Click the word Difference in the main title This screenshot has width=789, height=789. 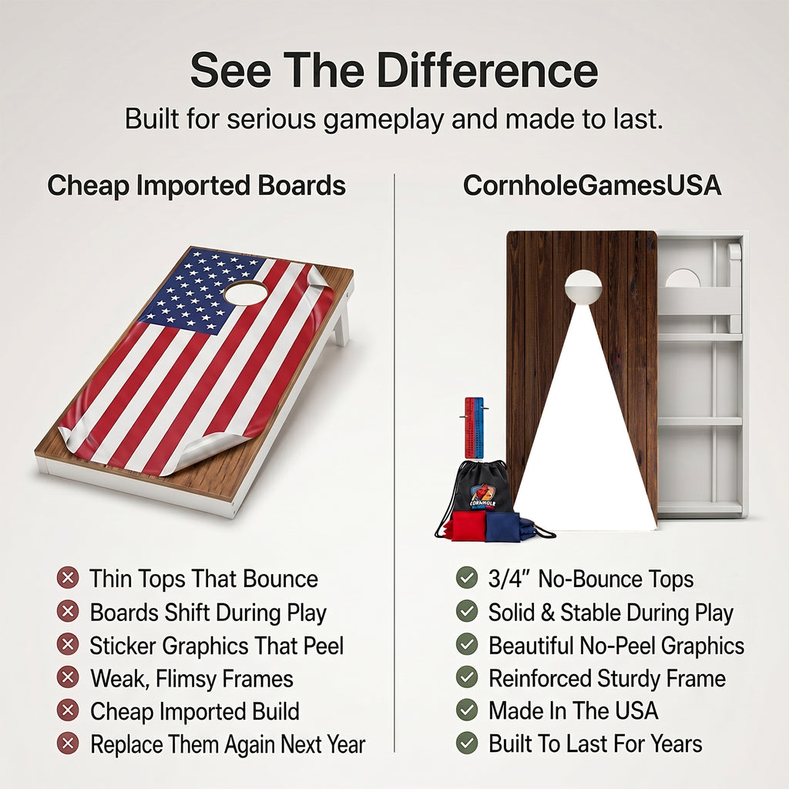[487, 70]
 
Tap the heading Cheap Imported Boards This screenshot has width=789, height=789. [196, 186]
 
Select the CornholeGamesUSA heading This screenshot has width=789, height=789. [592, 185]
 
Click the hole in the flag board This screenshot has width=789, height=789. [246, 293]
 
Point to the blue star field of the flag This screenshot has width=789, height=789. [201, 292]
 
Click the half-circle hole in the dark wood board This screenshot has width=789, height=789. [583, 285]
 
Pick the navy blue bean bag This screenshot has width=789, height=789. [502, 527]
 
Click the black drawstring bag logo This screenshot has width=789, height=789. [483, 495]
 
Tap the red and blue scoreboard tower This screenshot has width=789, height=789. [474, 428]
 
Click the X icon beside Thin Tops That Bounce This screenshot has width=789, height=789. [68, 578]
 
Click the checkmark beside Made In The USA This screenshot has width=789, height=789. [466, 710]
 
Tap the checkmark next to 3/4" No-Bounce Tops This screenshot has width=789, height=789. [466, 578]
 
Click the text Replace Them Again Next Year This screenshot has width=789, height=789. [228, 744]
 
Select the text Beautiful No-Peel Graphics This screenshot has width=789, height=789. [616, 646]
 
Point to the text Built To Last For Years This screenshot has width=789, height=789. [596, 744]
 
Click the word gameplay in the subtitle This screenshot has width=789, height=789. [384, 119]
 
